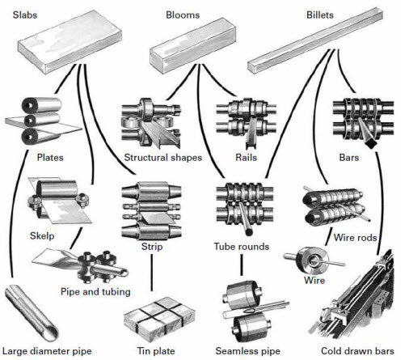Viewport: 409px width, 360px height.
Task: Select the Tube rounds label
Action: click(x=241, y=246)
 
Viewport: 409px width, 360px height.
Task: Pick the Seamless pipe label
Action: click(x=247, y=350)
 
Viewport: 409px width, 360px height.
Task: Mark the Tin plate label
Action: click(x=150, y=350)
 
